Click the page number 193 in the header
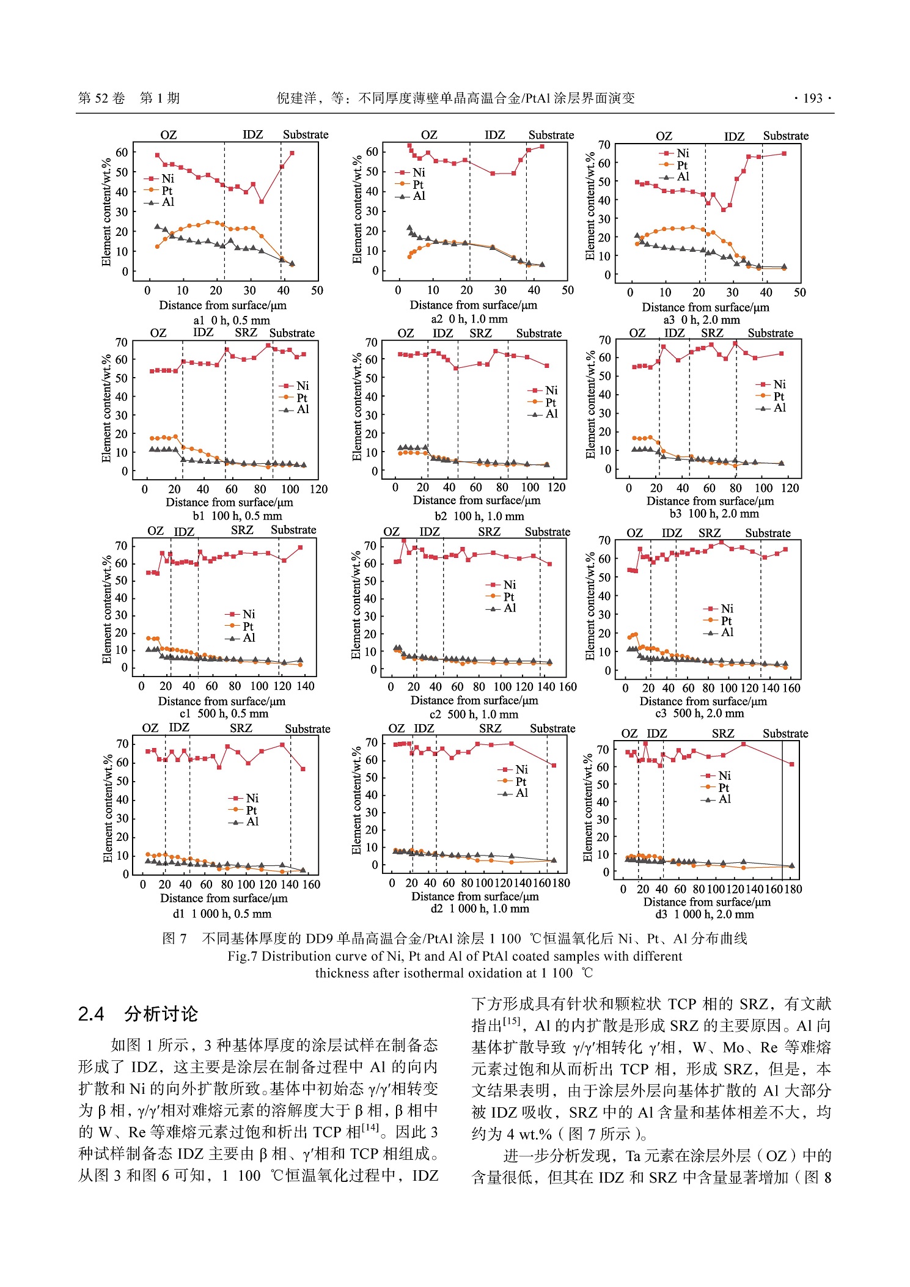point(812,98)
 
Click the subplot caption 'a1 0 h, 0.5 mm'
point(231,320)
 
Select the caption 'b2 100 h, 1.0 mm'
point(479,516)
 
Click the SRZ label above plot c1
point(242,530)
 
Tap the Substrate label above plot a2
point(551,135)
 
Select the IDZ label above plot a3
point(734,136)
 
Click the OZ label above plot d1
point(150,728)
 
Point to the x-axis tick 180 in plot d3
point(793,889)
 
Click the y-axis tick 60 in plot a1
point(122,152)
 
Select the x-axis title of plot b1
point(229,502)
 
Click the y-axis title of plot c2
point(356,606)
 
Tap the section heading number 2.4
point(91,1014)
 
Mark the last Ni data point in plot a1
point(292,153)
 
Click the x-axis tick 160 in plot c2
point(568,686)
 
